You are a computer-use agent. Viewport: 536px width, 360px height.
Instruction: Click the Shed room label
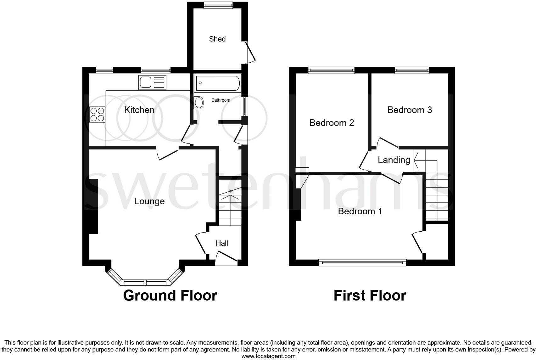[x=217, y=39]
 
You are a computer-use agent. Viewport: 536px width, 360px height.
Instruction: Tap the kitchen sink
[x=152, y=82]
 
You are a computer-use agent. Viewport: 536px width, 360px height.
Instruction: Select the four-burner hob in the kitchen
[x=97, y=115]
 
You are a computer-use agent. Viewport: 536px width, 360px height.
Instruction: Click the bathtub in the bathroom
[x=217, y=83]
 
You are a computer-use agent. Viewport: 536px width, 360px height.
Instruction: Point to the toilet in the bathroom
[x=199, y=103]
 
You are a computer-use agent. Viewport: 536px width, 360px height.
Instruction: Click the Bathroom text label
[x=221, y=100]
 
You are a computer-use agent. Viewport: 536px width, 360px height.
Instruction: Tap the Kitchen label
[x=139, y=110]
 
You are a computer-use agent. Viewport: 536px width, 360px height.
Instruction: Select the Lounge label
[x=149, y=201]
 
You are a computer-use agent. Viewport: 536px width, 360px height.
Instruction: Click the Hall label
[x=222, y=243]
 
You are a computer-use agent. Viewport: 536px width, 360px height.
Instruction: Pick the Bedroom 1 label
[x=360, y=211]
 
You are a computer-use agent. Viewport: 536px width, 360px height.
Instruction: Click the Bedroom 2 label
[x=332, y=123]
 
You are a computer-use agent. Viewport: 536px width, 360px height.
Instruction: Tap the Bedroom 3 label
[x=410, y=110]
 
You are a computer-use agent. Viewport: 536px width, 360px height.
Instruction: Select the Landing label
[x=394, y=160]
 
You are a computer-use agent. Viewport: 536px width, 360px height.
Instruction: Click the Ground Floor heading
[x=170, y=295]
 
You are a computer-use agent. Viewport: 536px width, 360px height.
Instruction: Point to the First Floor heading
[x=370, y=295]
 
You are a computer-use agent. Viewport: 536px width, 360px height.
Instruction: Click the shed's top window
[x=218, y=5]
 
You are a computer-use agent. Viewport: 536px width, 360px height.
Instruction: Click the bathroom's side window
[x=244, y=106]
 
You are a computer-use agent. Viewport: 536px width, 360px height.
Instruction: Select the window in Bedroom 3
[x=412, y=70]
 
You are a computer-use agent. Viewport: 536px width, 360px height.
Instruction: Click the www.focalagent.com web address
[x=268, y=356]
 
